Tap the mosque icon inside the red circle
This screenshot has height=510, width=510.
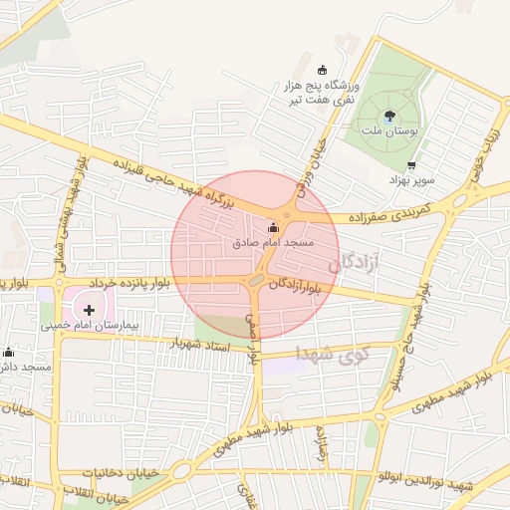click(x=274, y=227)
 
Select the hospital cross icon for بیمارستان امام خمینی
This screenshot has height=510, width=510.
click(x=103, y=309)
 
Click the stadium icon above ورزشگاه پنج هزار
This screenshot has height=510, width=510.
click(x=321, y=69)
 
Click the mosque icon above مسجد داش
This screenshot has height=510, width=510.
click(x=9, y=352)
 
